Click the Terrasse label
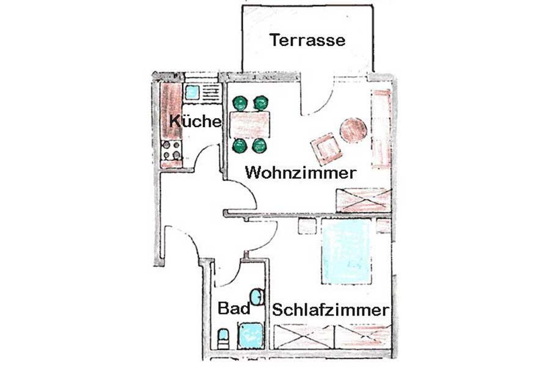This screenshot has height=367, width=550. coord(307,40)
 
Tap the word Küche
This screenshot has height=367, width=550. coord(196,122)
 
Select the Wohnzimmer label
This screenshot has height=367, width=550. coord(301,172)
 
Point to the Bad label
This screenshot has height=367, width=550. coord(234,308)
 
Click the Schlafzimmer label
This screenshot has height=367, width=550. coord(331,310)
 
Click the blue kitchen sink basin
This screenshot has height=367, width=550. coord(191,92)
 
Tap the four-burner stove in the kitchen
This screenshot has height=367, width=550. coord(171,150)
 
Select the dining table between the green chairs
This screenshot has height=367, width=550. coord(250,125)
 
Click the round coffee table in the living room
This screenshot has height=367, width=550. coord(353,130)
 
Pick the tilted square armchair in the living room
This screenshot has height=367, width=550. coord(326,149)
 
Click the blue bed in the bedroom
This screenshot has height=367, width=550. coord(346,251)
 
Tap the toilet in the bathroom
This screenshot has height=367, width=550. coord(223,339)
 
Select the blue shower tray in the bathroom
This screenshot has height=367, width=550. coord(250,336)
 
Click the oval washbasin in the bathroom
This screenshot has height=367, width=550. coord(257,297)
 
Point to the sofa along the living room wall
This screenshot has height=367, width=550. coord(381,129)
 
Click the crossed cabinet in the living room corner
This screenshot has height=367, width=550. coord(364,200)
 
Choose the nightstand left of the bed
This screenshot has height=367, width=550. coord(307,226)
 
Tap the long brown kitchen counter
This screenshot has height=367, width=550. coord(171,111)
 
